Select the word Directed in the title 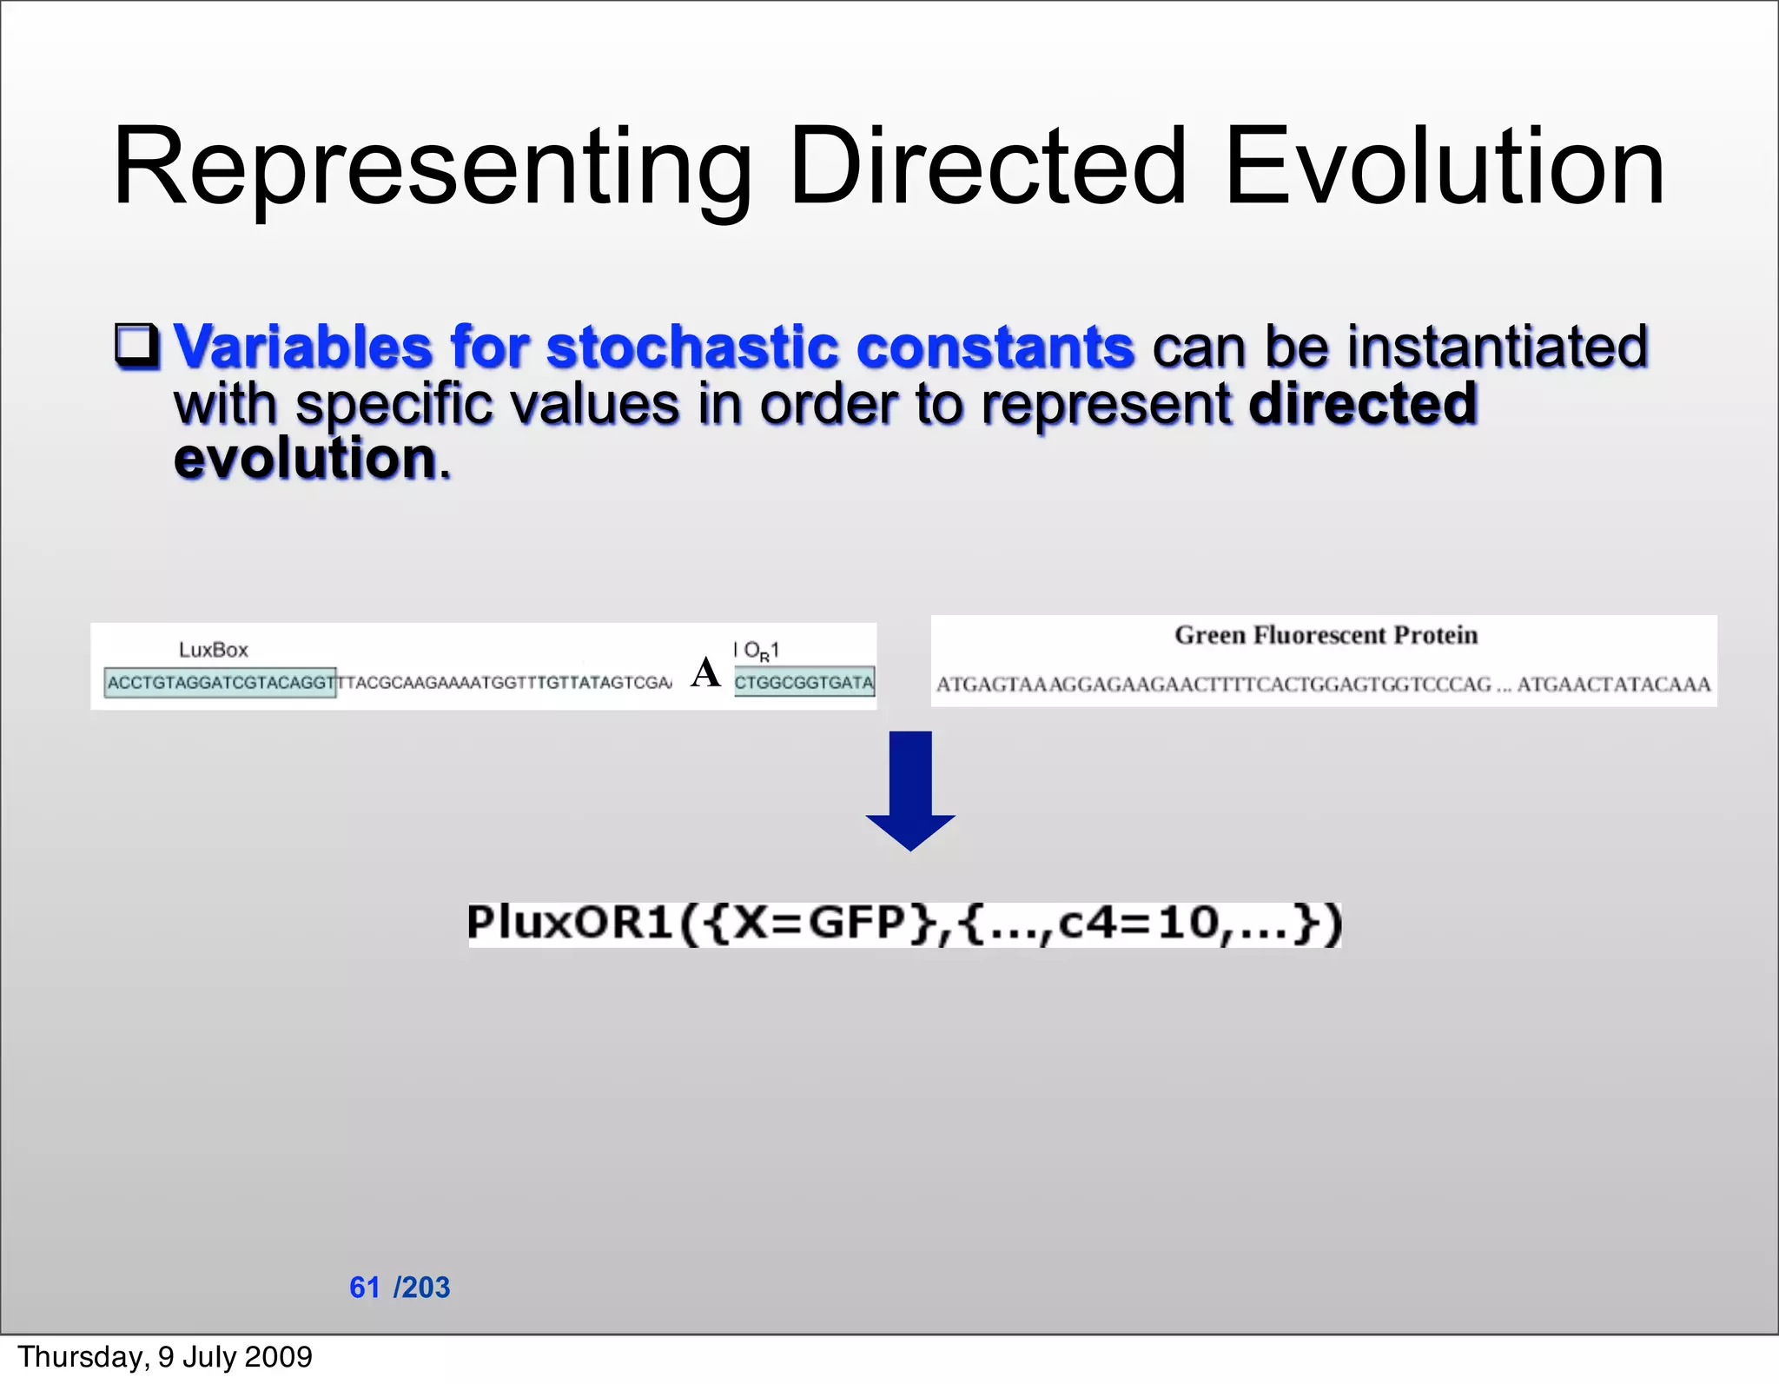(987, 167)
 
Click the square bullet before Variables (137, 347)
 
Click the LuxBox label (214, 650)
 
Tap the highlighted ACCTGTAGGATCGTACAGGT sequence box (221, 683)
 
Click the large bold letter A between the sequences (705, 672)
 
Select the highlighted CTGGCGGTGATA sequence (804, 683)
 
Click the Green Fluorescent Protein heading (1326, 635)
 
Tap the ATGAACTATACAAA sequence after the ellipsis (1613, 685)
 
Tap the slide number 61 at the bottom (365, 1287)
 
